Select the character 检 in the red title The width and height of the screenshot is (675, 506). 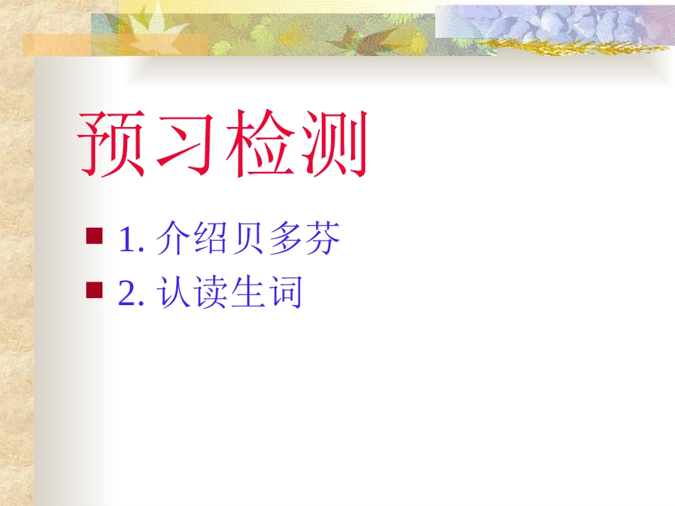pos(260,144)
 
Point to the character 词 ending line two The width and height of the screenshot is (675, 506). pos(286,292)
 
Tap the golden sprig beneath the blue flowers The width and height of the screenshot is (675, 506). pos(561,47)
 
